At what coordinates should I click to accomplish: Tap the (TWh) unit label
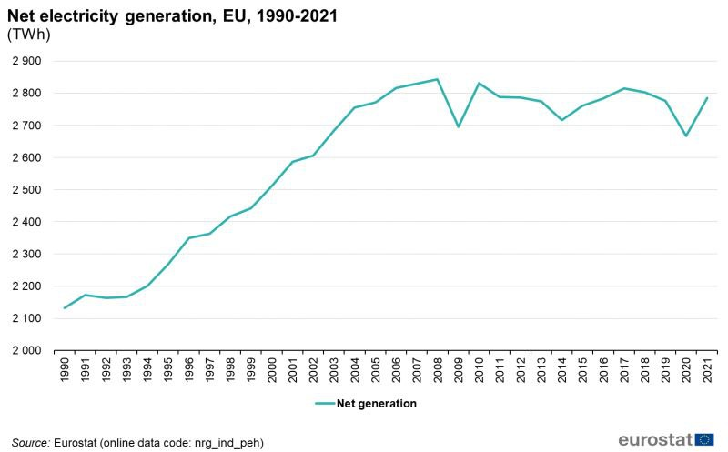tap(28, 35)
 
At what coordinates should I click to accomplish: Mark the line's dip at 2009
tap(458, 126)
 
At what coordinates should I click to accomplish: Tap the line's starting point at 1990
tap(65, 307)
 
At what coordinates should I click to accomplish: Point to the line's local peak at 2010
tap(479, 83)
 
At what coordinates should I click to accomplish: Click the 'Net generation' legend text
tap(376, 403)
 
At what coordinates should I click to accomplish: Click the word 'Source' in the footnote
tap(30, 442)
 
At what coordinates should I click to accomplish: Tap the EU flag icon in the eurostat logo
tap(704, 439)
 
